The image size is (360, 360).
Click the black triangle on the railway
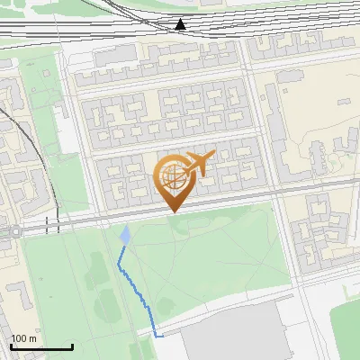[x=182, y=24]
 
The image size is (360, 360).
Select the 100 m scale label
[x=23, y=338]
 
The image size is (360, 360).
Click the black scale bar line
[x=41, y=346]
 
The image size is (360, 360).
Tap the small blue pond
[x=124, y=236]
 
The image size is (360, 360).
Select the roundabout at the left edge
[x=14, y=231]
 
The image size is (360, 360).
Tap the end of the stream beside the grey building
[x=161, y=336]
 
